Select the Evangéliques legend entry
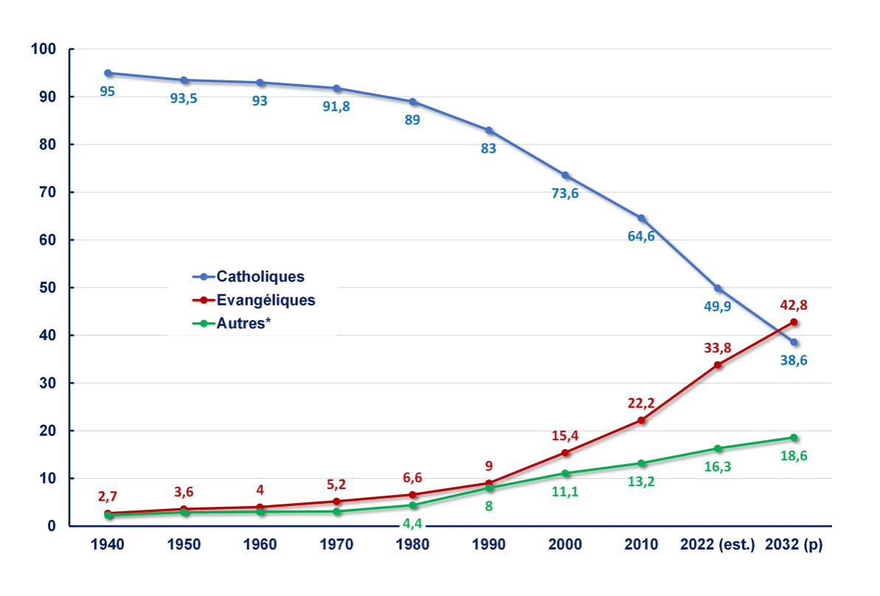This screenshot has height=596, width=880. pyautogui.click(x=254, y=300)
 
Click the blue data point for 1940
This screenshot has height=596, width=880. pyautogui.click(x=108, y=73)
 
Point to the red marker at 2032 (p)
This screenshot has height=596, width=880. pyautogui.click(x=794, y=322)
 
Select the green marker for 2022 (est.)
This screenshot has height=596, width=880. pyautogui.click(x=718, y=448)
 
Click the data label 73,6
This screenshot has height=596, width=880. pyautogui.click(x=565, y=194)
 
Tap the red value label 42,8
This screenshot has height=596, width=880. pyautogui.click(x=794, y=304)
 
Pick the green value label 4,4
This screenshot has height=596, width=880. pyautogui.click(x=412, y=524)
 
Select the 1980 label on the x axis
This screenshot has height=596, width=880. pyautogui.click(x=412, y=545)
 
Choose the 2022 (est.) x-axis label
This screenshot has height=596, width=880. pyautogui.click(x=718, y=545)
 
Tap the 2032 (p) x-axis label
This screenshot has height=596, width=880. pyautogui.click(x=794, y=545)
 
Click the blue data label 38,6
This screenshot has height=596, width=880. pyautogui.click(x=794, y=361)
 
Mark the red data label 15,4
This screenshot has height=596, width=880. pyautogui.click(x=565, y=434)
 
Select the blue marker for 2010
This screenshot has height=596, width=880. pyautogui.click(x=642, y=218)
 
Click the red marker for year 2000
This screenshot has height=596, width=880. pyautogui.click(x=565, y=453)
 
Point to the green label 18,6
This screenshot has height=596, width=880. pyautogui.click(x=794, y=456)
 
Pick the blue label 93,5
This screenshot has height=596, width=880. pyautogui.click(x=184, y=99)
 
